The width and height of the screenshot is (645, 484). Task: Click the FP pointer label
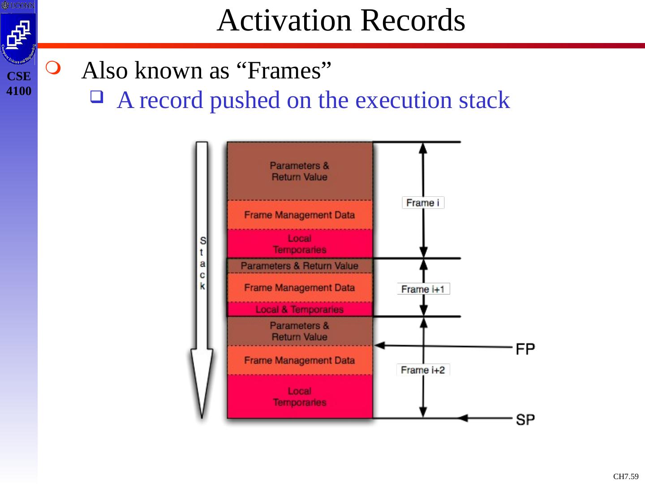pyautogui.click(x=525, y=348)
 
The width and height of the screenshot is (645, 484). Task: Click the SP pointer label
pyautogui.click(x=525, y=419)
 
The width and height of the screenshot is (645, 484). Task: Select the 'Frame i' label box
pyautogui.click(x=423, y=203)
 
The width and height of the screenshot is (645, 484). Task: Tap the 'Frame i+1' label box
pyautogui.click(x=423, y=289)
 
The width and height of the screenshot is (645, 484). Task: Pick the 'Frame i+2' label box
pyautogui.click(x=423, y=370)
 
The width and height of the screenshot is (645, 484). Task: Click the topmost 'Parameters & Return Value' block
pyautogui.click(x=299, y=171)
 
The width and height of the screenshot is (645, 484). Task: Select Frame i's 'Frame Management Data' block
pyautogui.click(x=299, y=215)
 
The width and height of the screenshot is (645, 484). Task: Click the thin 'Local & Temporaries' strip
pyautogui.click(x=299, y=309)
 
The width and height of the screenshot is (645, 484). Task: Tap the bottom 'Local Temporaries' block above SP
pyautogui.click(x=299, y=397)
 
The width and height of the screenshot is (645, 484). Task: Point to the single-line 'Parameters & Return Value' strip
pyautogui.click(x=299, y=266)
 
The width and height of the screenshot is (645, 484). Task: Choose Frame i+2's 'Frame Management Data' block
pyautogui.click(x=299, y=360)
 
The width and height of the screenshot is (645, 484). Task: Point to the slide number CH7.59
pyautogui.click(x=625, y=476)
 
